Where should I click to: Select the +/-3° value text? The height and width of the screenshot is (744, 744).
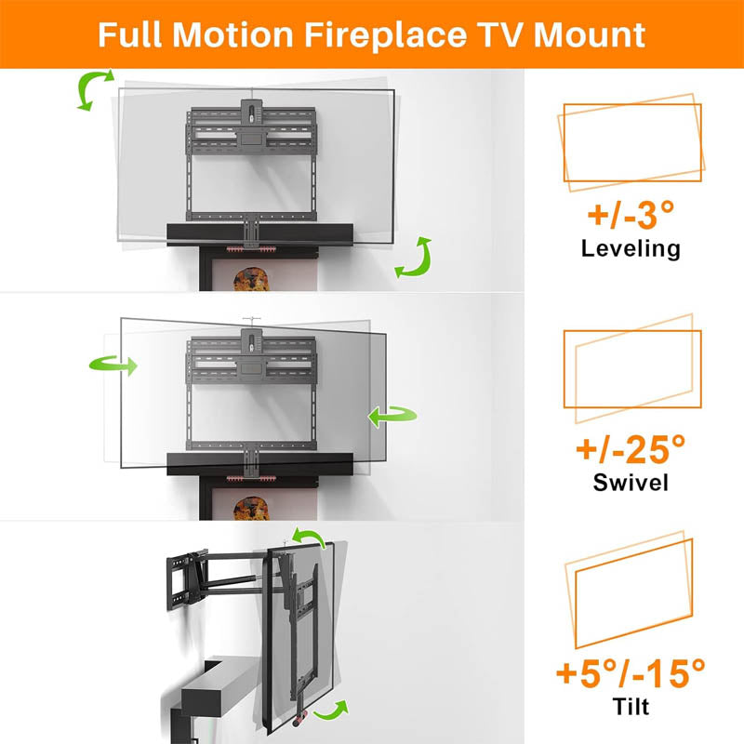[630, 216]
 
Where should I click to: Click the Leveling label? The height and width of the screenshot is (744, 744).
[631, 248]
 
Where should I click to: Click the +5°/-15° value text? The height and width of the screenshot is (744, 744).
[630, 672]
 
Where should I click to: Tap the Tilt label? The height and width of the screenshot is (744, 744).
[631, 706]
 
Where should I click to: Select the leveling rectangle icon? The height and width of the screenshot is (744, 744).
[631, 141]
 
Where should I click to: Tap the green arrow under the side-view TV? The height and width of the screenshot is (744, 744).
[331, 712]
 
